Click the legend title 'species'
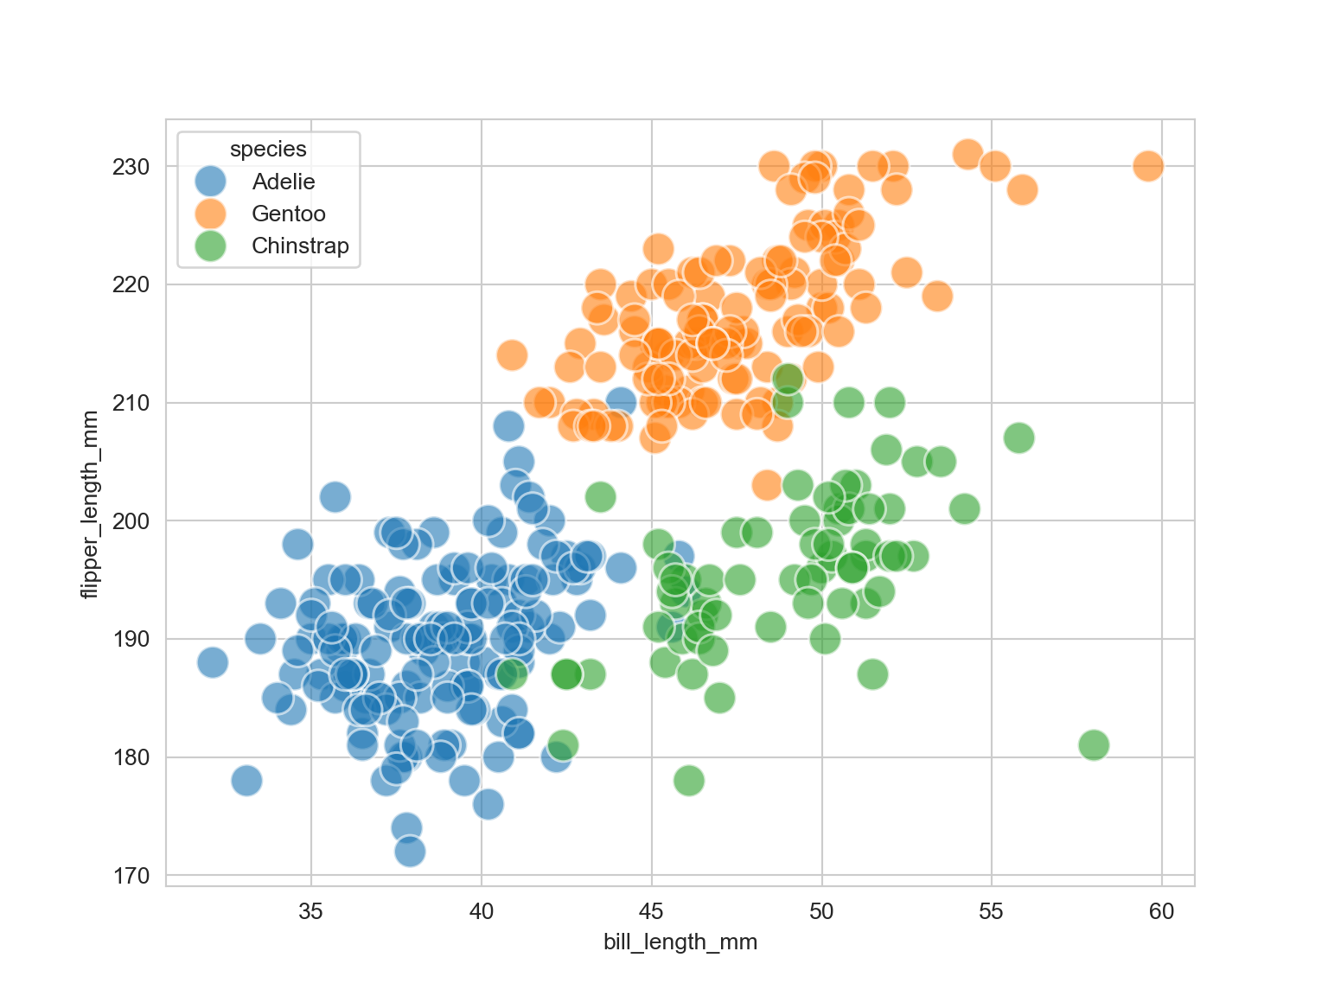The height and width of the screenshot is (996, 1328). click(268, 150)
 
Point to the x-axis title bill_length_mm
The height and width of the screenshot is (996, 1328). click(680, 942)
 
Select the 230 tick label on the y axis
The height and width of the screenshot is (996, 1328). click(131, 166)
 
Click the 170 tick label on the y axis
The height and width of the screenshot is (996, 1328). click(131, 876)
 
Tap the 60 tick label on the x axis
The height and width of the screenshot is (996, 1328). click(1162, 911)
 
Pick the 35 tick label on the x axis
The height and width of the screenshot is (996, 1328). click(310, 911)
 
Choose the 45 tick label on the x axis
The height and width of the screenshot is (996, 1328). click(651, 911)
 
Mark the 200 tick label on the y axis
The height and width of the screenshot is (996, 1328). click(131, 520)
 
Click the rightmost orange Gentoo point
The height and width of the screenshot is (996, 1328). click(1147, 166)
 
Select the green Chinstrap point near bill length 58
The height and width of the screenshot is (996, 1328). click(1094, 744)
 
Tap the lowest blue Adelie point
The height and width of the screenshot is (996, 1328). click(410, 852)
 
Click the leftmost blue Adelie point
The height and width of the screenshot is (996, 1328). click(212, 662)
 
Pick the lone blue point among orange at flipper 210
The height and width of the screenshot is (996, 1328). click(621, 401)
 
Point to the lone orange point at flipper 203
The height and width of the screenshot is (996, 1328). click(767, 485)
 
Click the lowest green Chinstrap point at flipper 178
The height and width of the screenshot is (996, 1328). click(688, 780)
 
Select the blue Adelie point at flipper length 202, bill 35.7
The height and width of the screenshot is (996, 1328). click(335, 497)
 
